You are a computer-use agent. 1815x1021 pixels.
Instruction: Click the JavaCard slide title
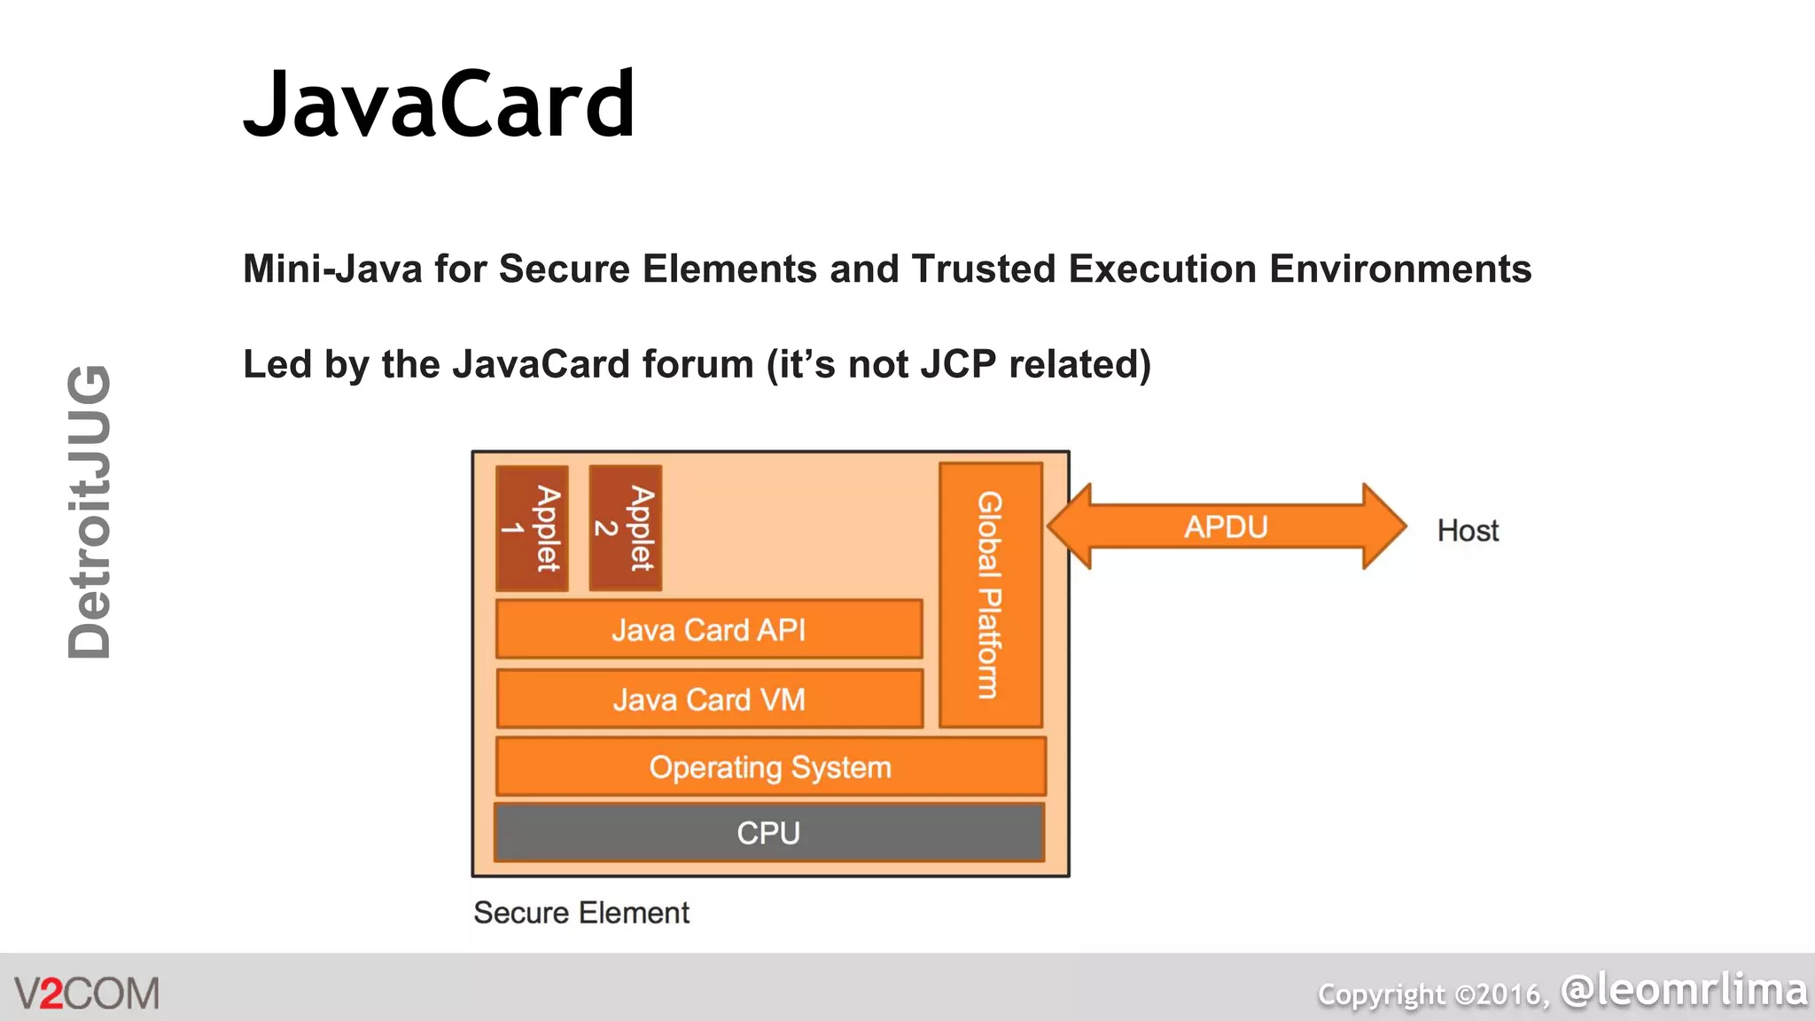440,105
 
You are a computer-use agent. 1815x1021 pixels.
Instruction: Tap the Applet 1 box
532,528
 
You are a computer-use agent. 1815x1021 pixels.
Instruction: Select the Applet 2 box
625,528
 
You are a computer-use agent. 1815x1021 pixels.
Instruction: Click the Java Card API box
709,630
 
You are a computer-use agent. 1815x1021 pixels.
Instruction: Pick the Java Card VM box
709,699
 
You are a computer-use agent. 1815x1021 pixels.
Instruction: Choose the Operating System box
770,767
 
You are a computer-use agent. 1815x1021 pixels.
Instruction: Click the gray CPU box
768,833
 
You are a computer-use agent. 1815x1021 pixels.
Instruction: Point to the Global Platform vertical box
990,595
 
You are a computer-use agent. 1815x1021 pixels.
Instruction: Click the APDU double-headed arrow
1227,526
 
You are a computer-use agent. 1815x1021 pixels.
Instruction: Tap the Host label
1468,531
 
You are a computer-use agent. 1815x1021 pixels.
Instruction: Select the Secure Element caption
581,913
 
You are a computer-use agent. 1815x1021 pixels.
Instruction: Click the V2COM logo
87,994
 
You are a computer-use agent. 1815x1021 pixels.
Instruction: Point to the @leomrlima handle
1683,990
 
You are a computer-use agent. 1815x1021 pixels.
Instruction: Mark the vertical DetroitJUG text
90,511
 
